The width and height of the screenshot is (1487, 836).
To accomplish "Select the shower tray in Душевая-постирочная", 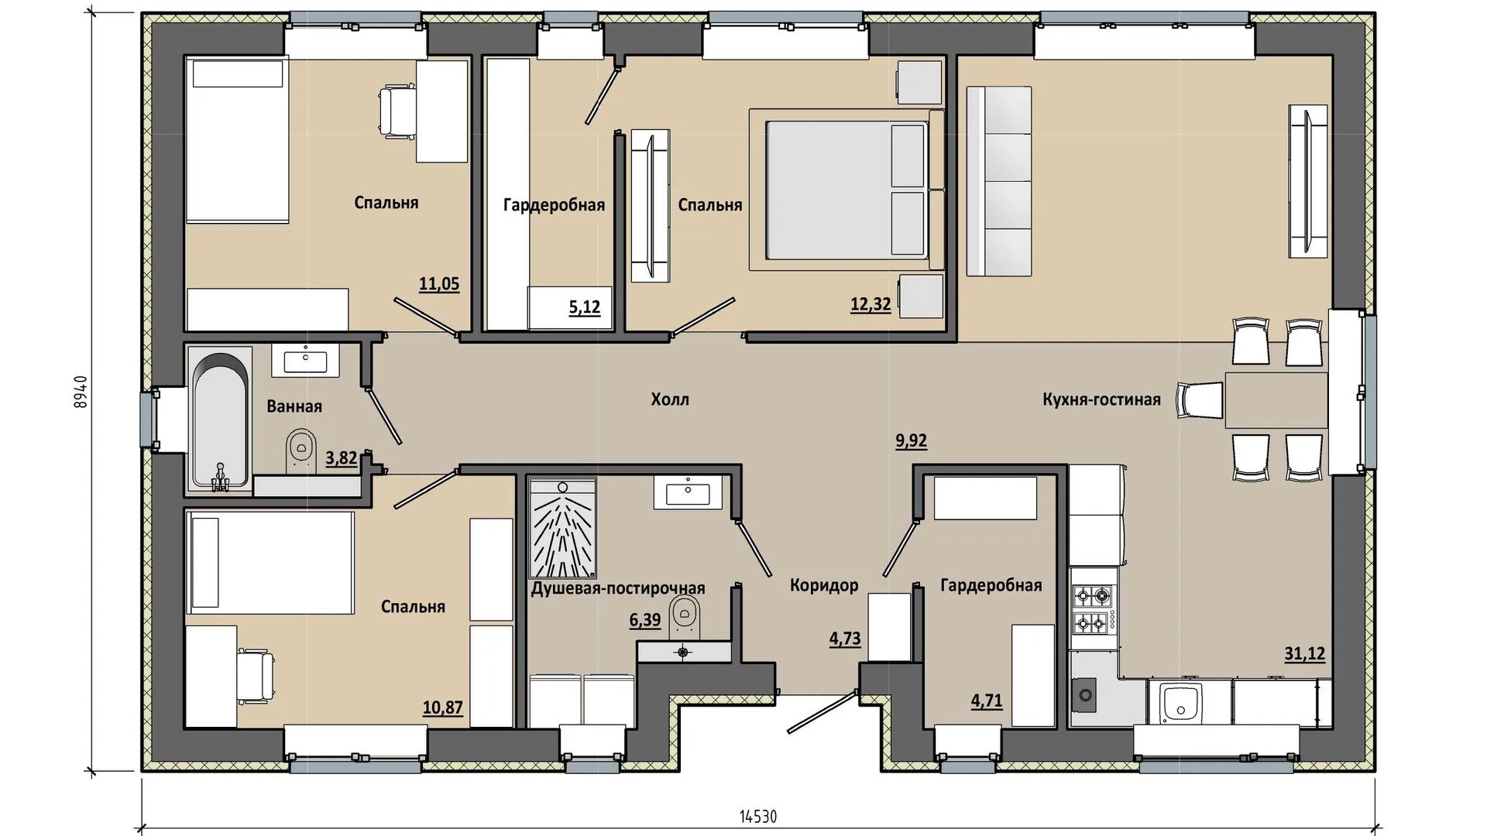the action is click(x=563, y=528).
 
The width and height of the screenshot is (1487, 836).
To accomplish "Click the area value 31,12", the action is click(x=1305, y=654).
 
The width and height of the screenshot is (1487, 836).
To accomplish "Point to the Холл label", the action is click(x=670, y=399).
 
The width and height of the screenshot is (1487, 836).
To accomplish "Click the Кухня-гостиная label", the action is click(x=1101, y=399).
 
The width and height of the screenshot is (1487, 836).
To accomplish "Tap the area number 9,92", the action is click(x=912, y=441).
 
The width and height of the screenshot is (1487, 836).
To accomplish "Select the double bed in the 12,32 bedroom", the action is click(x=847, y=190).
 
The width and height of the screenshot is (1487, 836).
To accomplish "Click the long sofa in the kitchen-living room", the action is click(x=999, y=180).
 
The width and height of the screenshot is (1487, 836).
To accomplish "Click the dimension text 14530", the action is click(x=758, y=817).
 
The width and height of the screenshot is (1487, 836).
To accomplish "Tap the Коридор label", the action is click(x=824, y=585).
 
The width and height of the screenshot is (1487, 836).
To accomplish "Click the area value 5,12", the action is click(x=585, y=307).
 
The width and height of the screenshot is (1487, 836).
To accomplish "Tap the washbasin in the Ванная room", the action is click(x=305, y=360).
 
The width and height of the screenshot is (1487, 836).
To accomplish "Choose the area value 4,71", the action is click(x=987, y=701).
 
